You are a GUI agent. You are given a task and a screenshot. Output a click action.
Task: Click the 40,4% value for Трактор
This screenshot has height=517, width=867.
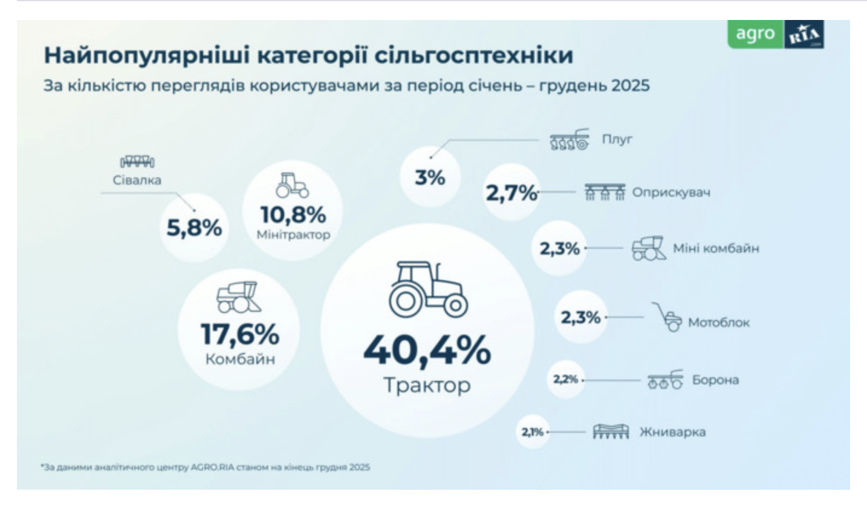[427, 351]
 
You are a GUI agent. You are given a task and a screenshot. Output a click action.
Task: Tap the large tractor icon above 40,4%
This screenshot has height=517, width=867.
[428, 290]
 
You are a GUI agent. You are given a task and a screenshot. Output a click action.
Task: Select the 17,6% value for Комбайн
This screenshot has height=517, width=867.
[240, 334]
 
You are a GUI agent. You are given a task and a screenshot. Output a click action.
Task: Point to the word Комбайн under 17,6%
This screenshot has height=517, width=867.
[240, 359]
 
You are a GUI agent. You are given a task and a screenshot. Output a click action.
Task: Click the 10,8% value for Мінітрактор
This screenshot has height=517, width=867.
[293, 215]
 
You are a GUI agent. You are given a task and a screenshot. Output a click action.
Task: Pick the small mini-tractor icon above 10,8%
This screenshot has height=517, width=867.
[292, 185]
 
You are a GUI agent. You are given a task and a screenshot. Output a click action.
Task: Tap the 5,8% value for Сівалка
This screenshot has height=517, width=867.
[194, 228]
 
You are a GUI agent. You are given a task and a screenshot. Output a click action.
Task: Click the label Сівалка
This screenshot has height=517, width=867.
[137, 180]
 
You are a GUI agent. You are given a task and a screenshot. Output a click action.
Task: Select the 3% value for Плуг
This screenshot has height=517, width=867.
[430, 178]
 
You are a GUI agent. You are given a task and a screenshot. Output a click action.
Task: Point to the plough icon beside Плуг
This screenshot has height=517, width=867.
[569, 140]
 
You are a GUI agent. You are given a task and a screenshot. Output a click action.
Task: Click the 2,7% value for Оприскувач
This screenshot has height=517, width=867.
[511, 193]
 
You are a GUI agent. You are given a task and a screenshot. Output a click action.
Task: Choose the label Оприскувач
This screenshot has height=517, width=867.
[671, 193]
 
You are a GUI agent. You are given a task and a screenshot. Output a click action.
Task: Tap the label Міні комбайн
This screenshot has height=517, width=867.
[716, 248]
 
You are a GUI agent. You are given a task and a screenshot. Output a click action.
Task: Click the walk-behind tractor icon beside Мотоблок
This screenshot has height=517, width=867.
[667, 317]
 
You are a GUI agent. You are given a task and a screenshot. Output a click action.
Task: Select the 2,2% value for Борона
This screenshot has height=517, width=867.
[565, 380]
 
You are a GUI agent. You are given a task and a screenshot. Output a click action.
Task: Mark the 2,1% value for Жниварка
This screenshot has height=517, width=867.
[533, 432]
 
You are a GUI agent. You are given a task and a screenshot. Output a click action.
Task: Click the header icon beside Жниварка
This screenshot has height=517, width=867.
[611, 431]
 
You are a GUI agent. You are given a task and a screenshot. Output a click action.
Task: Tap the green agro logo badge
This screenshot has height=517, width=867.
[755, 35]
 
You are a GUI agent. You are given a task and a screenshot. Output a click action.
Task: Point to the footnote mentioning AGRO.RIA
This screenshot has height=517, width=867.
[206, 467]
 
